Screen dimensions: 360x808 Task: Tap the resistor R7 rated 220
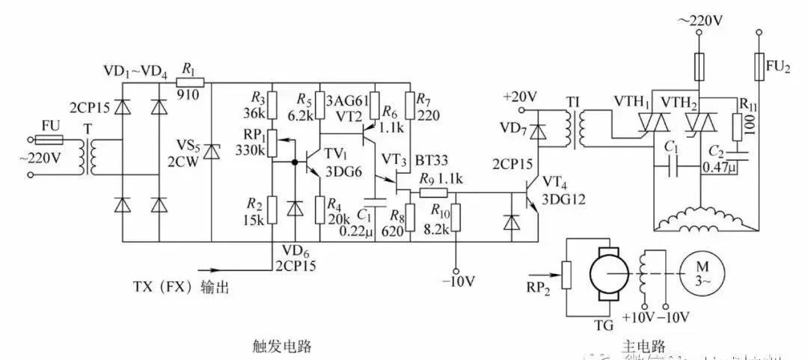(x=410, y=105)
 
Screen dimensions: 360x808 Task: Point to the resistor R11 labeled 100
(x=738, y=118)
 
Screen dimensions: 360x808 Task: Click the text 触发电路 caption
(x=282, y=347)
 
